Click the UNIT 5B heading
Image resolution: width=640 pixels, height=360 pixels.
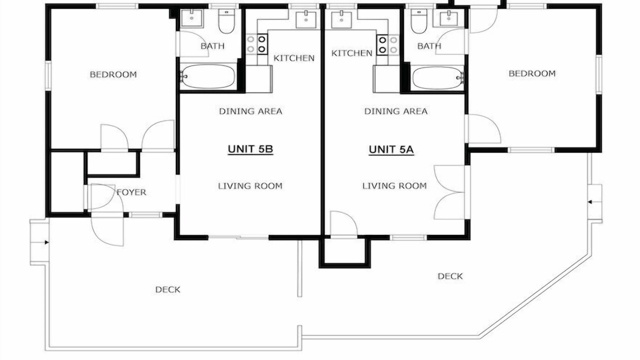(x=250, y=149)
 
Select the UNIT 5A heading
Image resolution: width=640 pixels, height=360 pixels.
(x=391, y=149)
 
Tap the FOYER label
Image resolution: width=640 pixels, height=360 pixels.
(x=131, y=192)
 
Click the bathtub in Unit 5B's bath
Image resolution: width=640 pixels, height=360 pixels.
(x=207, y=76)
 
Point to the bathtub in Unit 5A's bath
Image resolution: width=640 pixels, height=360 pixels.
(x=437, y=78)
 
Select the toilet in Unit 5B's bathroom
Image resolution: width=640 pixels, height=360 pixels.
(x=226, y=21)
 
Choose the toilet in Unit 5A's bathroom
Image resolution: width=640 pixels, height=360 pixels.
(x=419, y=21)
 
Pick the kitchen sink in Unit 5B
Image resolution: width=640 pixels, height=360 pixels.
(x=306, y=19)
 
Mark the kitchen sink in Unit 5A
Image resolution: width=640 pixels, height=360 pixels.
(x=341, y=19)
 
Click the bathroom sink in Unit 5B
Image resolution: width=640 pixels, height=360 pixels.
(x=191, y=18)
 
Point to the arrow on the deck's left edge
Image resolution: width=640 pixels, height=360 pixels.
(x=47, y=242)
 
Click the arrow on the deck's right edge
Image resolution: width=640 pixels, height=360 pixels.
(x=589, y=202)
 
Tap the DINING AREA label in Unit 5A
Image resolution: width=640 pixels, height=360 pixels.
(x=396, y=111)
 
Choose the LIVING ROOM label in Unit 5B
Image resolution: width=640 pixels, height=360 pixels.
(x=250, y=186)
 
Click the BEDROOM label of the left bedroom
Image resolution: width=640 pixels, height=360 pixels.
(x=113, y=74)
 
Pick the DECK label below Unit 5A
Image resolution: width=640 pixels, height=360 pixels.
(x=450, y=276)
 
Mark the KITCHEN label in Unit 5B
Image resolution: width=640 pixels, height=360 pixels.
(x=294, y=58)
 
